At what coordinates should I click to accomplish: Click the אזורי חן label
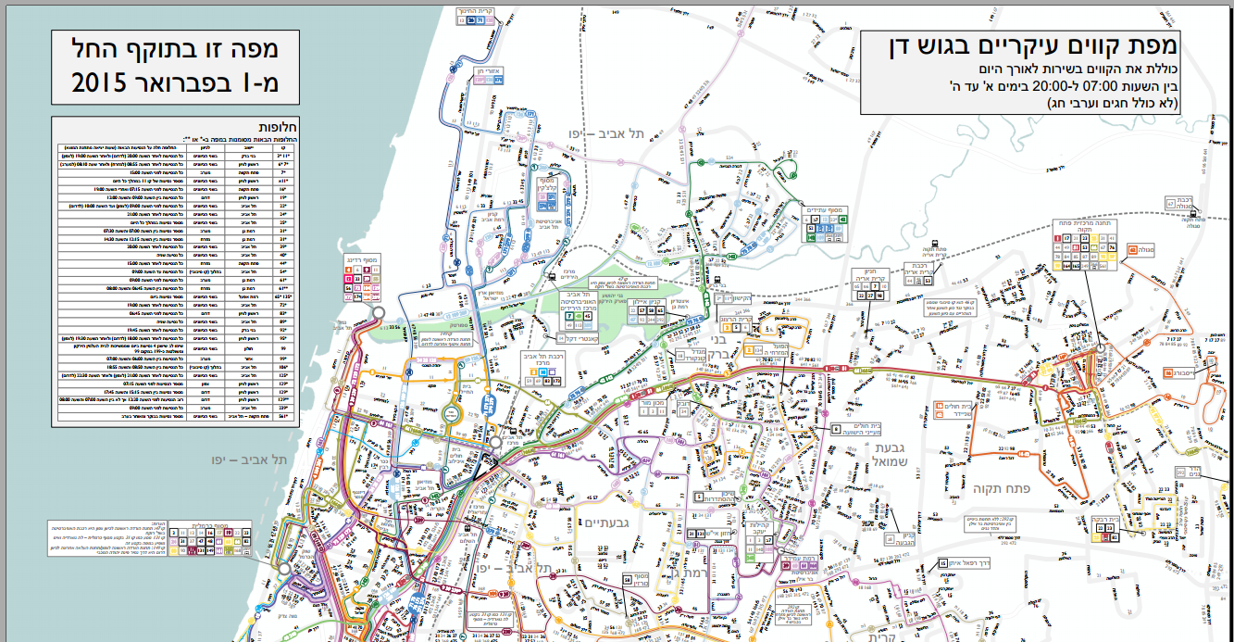pos(488,71)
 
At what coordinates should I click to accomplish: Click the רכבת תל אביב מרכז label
pos(546,362)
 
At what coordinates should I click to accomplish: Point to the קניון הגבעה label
pos(908,537)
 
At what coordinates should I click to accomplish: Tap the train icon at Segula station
pos(1193,211)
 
